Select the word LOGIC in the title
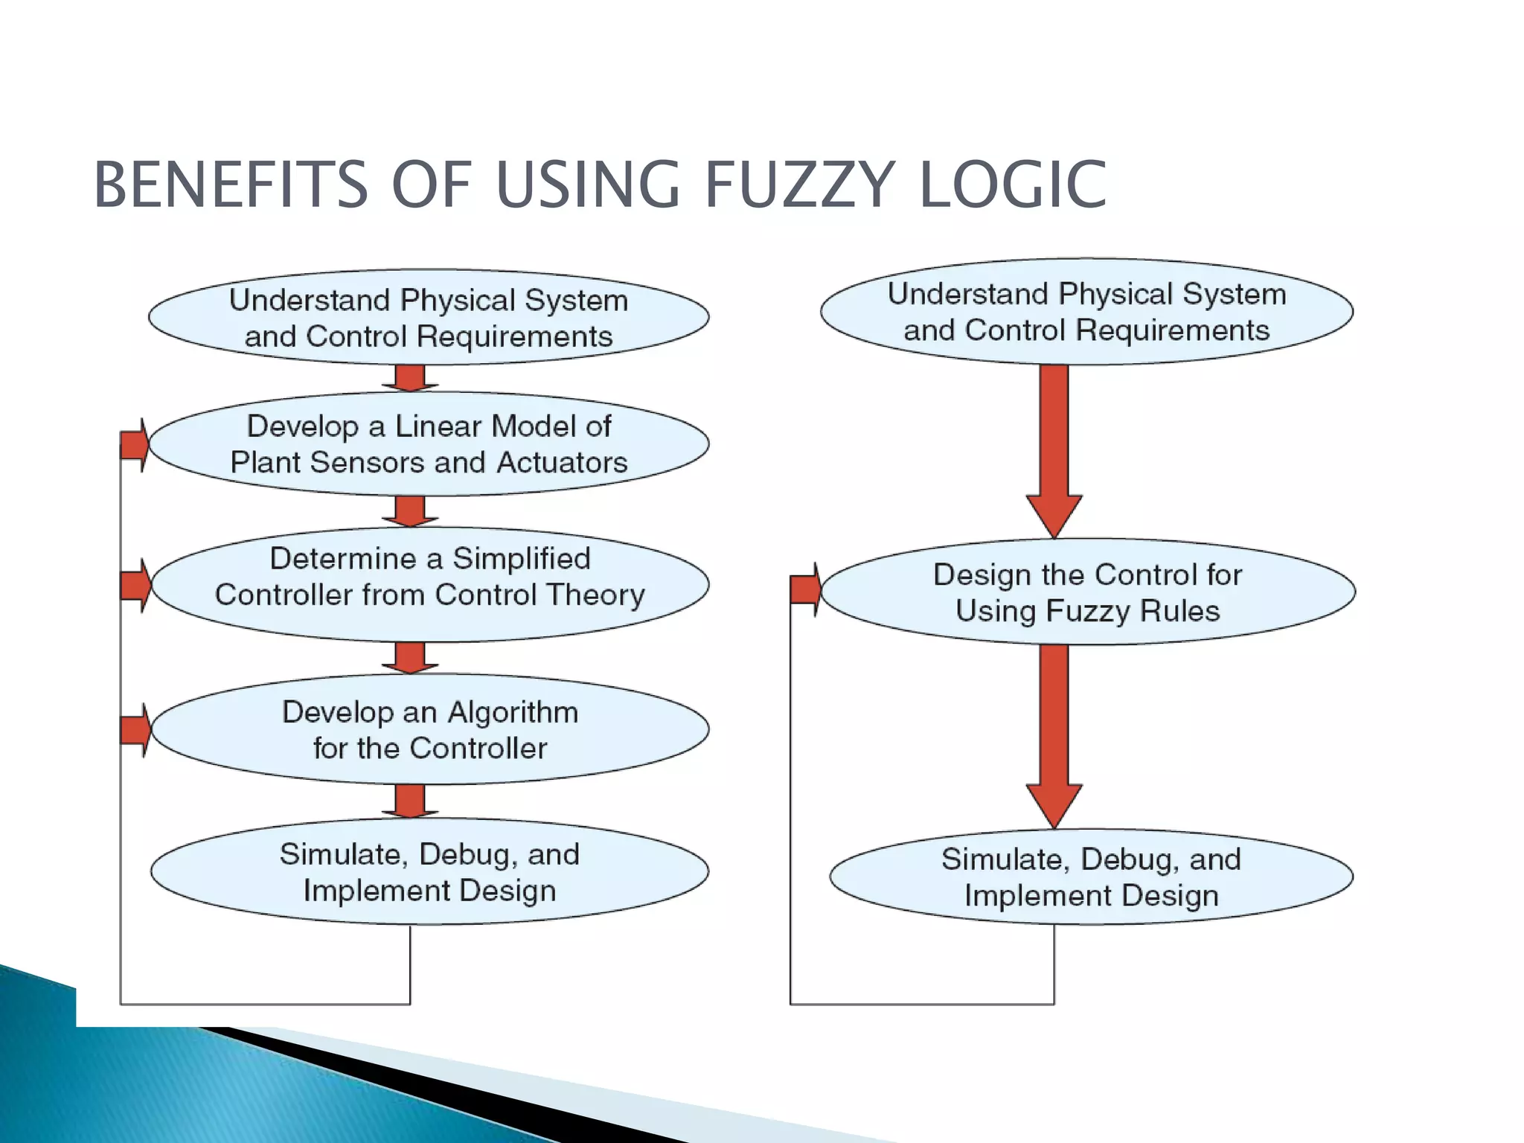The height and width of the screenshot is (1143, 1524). (1013, 185)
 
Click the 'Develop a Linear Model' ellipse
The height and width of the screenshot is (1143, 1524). (429, 444)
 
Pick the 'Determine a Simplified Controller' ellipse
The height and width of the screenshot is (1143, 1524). (429, 584)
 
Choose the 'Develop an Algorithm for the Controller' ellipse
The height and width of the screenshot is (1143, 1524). (429, 729)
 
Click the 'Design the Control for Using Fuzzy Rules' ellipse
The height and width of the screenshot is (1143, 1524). (1088, 592)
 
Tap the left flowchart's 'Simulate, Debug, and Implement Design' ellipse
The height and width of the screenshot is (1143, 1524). (429, 872)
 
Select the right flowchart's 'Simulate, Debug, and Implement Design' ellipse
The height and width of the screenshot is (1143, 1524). (1091, 877)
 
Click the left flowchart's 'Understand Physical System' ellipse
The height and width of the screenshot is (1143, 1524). (429, 318)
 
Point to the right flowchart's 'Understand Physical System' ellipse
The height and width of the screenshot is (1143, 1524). (1086, 312)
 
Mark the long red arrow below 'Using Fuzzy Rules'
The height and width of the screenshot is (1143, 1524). (1054, 733)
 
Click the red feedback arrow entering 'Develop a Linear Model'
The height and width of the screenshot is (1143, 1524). (135, 445)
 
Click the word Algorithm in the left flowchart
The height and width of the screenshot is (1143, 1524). (513, 712)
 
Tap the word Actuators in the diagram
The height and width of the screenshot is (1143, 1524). (562, 463)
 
